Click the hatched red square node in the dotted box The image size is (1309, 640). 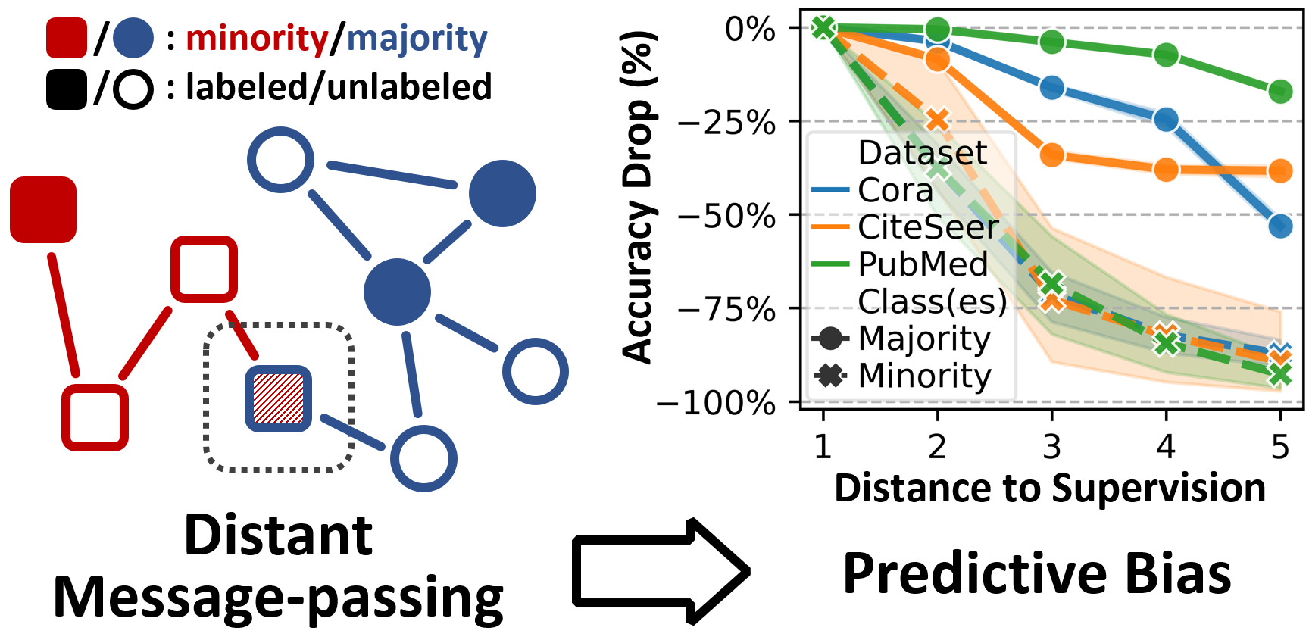pos(278,398)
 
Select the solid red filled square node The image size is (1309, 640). pos(43,210)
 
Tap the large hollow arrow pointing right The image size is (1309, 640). pos(659,571)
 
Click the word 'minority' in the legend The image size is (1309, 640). pos(257,38)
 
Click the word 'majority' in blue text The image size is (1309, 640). pos(417,38)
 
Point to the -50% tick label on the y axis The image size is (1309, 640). pos(726,216)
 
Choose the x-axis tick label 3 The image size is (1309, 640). pos(1051,447)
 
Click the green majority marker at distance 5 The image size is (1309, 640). pos(1280,92)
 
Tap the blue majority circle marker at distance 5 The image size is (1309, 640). pos(1280,226)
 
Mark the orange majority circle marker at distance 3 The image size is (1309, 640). pos(1051,155)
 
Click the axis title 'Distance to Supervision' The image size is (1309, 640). pos(1050,488)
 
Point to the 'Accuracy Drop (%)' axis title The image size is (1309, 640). pos(637,197)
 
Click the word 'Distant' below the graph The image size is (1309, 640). pos(278,535)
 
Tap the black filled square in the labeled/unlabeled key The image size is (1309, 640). pos(67,89)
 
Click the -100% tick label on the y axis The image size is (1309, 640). pos(716,403)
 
